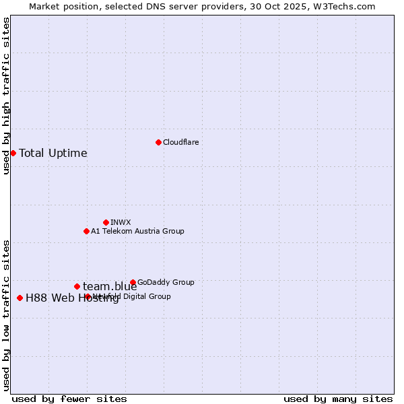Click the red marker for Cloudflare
[x=158, y=142]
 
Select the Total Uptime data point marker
[x=13, y=153]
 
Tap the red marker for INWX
[x=106, y=222]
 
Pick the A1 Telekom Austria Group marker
[x=86, y=231]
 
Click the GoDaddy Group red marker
[x=133, y=282]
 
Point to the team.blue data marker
[x=77, y=286]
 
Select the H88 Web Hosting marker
[x=20, y=298]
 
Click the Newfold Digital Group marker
[x=88, y=296]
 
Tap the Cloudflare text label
[x=180, y=142]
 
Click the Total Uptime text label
[x=53, y=153]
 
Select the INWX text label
[x=121, y=222]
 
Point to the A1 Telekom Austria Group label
[x=137, y=231]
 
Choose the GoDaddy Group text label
[x=166, y=282]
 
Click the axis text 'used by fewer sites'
[x=69, y=399]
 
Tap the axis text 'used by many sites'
[x=338, y=399]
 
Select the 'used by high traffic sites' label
[x=6, y=96]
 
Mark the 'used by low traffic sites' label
[x=6, y=314]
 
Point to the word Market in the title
[x=44, y=6]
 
